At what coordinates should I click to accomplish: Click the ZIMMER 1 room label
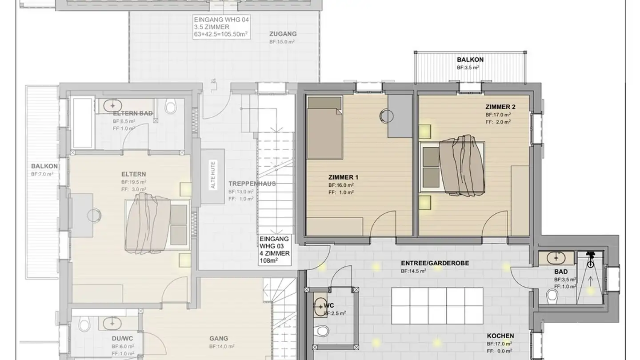343,177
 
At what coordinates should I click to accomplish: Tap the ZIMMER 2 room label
500,107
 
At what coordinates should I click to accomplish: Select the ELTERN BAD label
132,113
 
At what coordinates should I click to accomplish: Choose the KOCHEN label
500,336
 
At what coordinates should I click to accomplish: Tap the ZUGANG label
283,34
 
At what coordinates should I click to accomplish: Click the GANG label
218,338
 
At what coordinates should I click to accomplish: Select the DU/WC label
122,338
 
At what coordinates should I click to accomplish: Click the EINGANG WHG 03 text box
275,250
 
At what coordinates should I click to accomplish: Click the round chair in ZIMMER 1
386,116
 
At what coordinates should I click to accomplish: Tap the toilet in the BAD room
552,295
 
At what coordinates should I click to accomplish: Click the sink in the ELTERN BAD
113,106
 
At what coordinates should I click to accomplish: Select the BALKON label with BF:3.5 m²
470,60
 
